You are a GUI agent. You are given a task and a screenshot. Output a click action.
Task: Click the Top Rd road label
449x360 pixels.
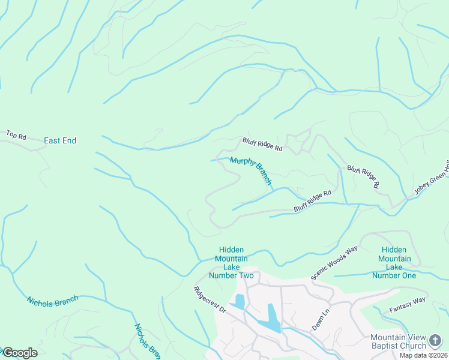pos(16,136)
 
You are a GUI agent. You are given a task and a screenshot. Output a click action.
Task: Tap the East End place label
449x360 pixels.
pos(60,140)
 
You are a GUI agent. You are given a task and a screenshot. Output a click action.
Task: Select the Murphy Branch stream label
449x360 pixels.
pos(251,170)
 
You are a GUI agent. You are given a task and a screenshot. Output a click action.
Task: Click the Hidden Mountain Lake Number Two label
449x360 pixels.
pos(231,263)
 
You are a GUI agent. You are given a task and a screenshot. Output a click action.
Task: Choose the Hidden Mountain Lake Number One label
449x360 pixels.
pos(394,263)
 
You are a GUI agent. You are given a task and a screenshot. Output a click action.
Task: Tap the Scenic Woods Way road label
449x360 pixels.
pos(334,262)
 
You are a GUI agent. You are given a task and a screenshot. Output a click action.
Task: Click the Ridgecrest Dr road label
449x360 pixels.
pos(209,300)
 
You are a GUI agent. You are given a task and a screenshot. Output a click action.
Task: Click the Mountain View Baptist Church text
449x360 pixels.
pos(398,341)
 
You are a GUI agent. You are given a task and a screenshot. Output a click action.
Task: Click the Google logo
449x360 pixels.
pos(20,353)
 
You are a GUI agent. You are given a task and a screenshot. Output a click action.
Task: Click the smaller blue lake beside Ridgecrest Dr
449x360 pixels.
pos(239,301)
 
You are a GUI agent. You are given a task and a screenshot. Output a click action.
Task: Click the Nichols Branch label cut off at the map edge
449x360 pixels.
pos(146,341)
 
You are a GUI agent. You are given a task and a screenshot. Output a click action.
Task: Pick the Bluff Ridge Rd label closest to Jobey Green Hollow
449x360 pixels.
pos(363,177)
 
